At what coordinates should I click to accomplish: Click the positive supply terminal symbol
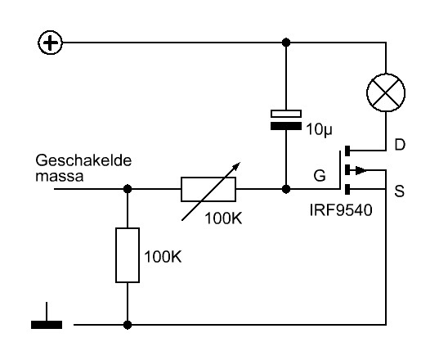click(50, 43)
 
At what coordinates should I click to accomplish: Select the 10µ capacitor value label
click(319, 129)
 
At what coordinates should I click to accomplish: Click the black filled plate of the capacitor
click(286, 126)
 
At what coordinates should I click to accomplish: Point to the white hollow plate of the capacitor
click(286, 114)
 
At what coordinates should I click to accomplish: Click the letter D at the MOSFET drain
click(400, 145)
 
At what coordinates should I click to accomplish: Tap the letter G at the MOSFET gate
click(320, 176)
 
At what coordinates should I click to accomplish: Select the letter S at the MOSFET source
click(400, 191)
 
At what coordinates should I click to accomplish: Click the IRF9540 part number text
click(341, 209)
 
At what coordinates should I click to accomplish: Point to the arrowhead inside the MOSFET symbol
click(361, 170)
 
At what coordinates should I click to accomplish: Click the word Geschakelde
click(83, 160)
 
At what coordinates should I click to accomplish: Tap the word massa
click(60, 177)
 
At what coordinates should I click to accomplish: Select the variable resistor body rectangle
click(208, 189)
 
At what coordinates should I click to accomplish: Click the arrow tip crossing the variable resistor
click(240, 163)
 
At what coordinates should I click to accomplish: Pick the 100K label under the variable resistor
click(223, 218)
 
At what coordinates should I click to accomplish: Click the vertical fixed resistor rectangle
click(128, 255)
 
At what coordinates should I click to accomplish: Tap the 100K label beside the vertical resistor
click(163, 256)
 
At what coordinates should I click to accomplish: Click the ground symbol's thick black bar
click(47, 325)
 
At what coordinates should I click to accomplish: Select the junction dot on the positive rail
click(286, 43)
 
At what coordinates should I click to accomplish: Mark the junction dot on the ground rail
click(128, 325)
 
